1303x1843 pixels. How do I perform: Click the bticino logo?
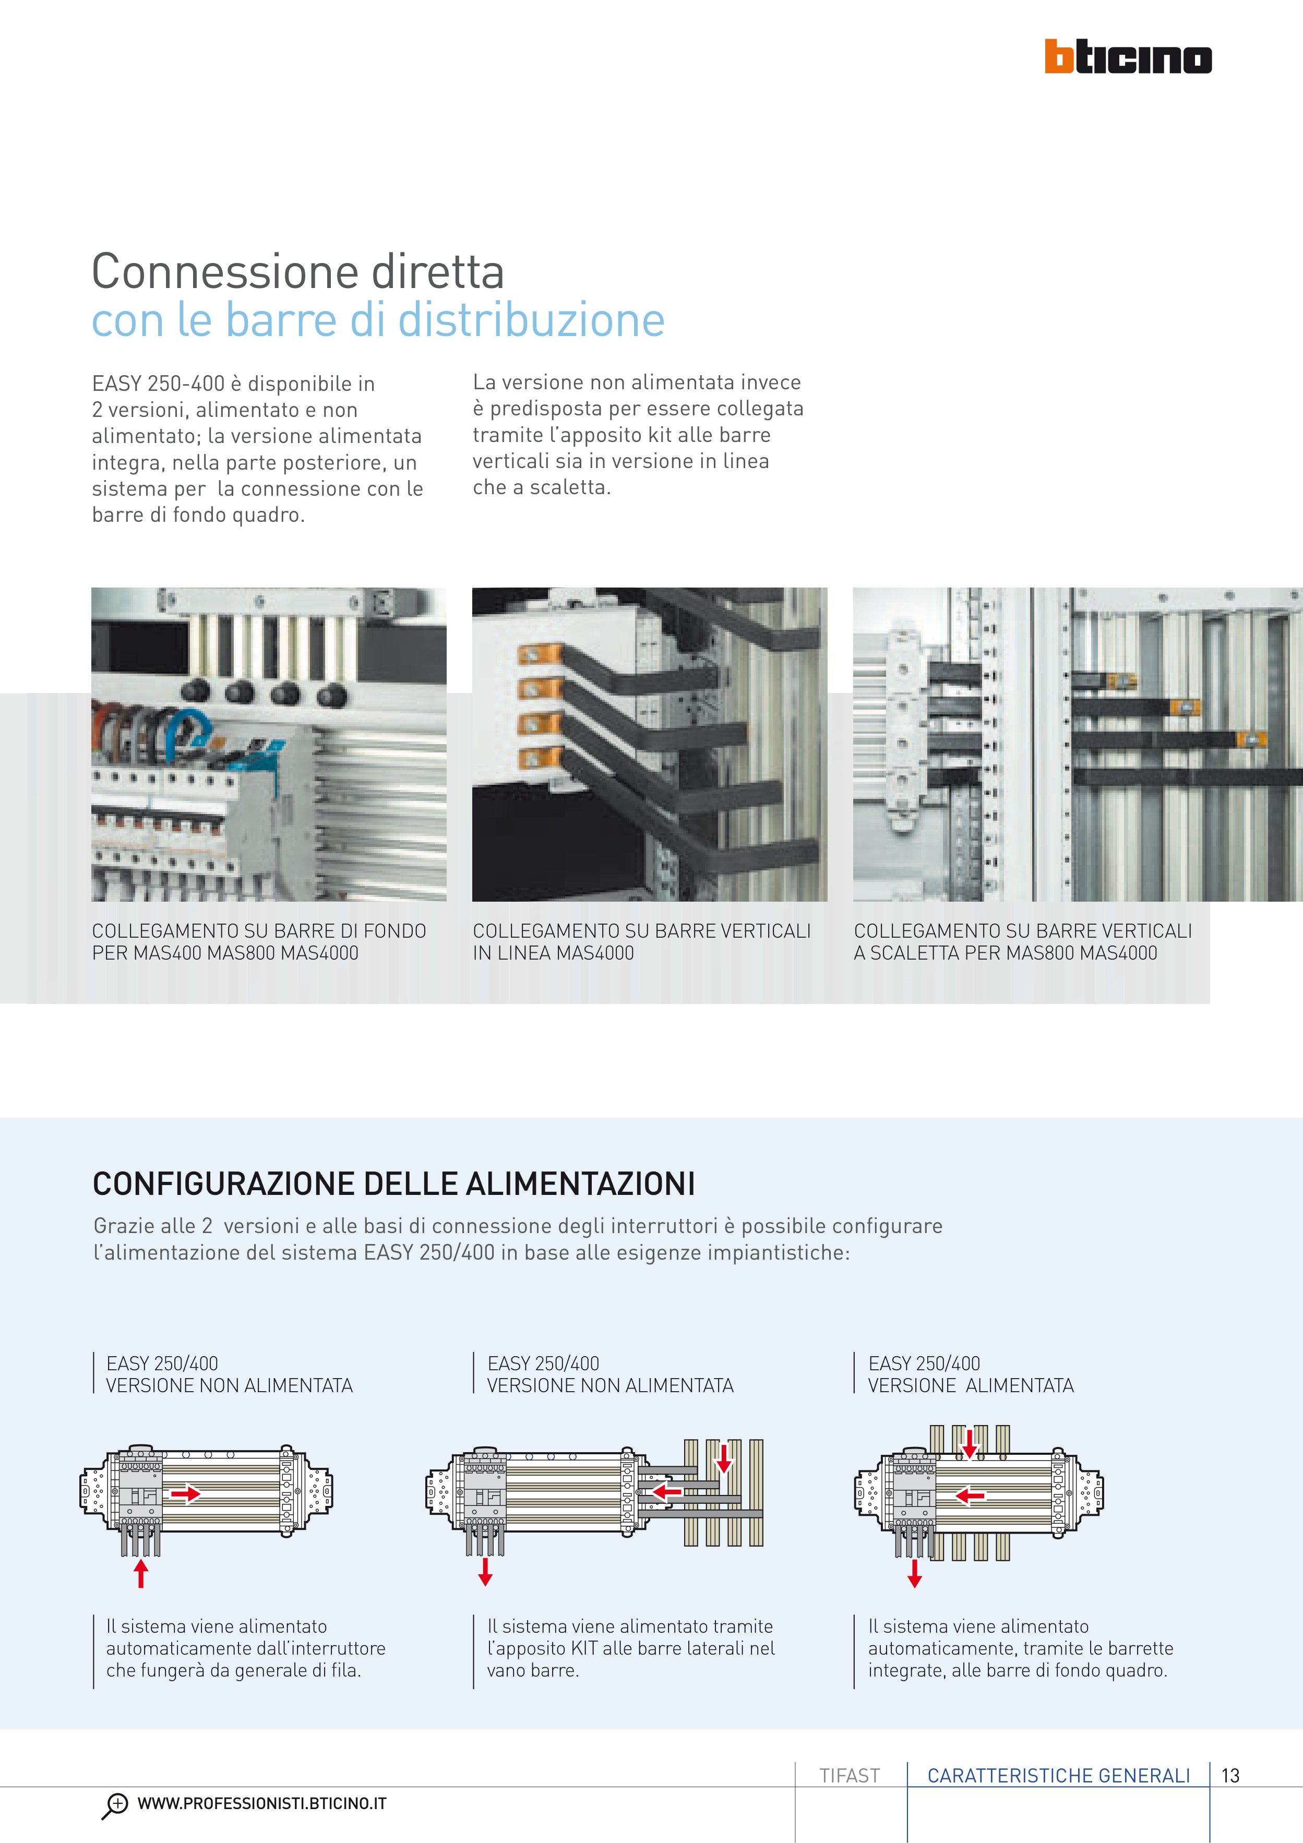pyautogui.click(x=1128, y=56)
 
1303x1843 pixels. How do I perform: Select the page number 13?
pyautogui.click(x=1230, y=1776)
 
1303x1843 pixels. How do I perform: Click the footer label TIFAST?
pyautogui.click(x=850, y=1776)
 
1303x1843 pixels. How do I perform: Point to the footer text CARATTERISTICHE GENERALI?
pyautogui.click(x=1058, y=1776)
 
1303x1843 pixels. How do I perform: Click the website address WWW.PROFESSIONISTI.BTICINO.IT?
pyautogui.click(x=262, y=1804)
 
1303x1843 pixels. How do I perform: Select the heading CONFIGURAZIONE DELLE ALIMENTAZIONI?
pyautogui.click(x=393, y=1184)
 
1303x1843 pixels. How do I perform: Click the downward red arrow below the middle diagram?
pyautogui.click(x=485, y=1572)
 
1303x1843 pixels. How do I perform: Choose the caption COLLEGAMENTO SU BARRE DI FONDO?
pyautogui.click(x=258, y=930)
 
